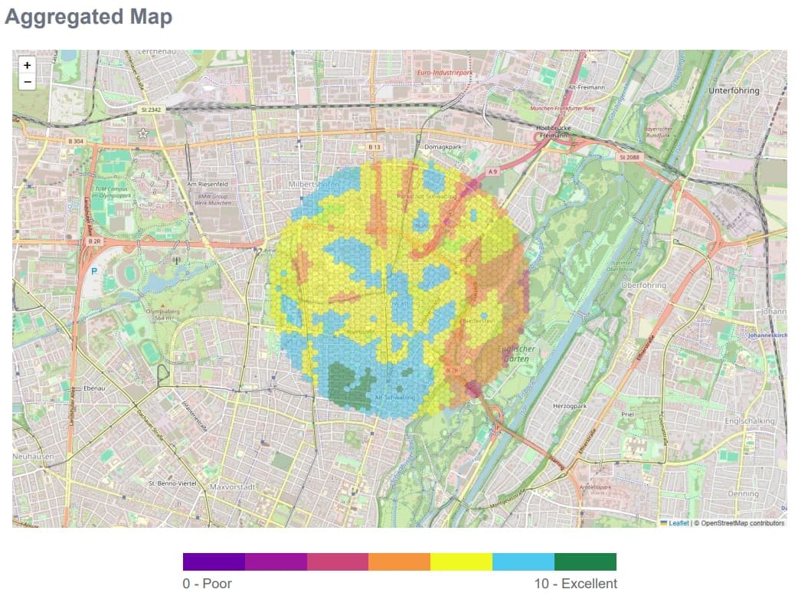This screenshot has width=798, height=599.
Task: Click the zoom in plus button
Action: [x=28, y=66]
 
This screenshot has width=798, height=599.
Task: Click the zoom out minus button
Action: [x=28, y=81]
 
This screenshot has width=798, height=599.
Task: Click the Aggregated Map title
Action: [x=88, y=17]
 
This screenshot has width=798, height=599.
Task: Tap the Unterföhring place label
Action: [x=734, y=90]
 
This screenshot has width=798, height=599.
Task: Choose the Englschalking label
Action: [x=750, y=421]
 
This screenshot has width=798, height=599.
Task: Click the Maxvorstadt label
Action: [x=231, y=486]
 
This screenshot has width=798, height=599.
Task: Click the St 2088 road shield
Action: [x=627, y=157]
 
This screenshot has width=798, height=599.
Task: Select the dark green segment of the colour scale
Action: [x=585, y=561]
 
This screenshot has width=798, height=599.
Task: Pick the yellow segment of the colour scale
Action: [x=461, y=561]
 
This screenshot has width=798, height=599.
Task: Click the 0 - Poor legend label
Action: [x=207, y=584]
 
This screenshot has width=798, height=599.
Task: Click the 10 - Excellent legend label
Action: [x=575, y=584]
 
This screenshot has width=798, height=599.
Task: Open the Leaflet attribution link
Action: [x=679, y=523]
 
